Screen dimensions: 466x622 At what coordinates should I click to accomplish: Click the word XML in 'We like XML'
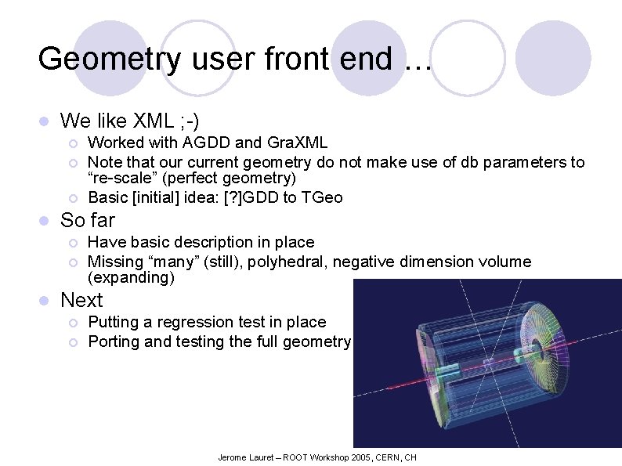(154, 121)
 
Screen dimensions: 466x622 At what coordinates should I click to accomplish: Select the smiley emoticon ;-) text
(188, 121)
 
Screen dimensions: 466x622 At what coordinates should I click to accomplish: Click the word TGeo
(319, 197)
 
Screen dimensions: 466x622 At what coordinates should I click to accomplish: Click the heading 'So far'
(87, 220)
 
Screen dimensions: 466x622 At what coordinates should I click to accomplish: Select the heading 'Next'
(81, 300)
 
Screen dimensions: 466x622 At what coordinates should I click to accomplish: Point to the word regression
(191, 322)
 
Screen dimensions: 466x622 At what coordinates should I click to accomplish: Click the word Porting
(114, 341)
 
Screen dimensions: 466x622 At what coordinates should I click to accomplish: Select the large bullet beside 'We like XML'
(45, 121)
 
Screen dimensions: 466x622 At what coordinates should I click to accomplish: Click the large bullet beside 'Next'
(45, 301)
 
